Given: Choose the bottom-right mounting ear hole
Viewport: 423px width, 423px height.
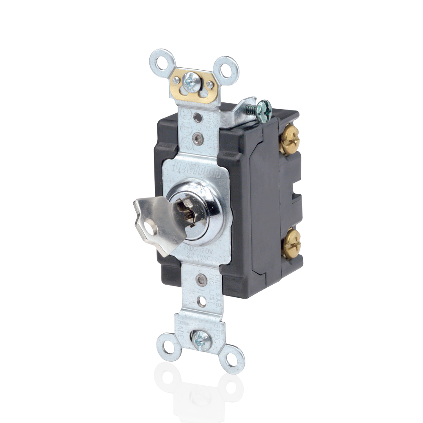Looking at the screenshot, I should click(231, 360).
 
